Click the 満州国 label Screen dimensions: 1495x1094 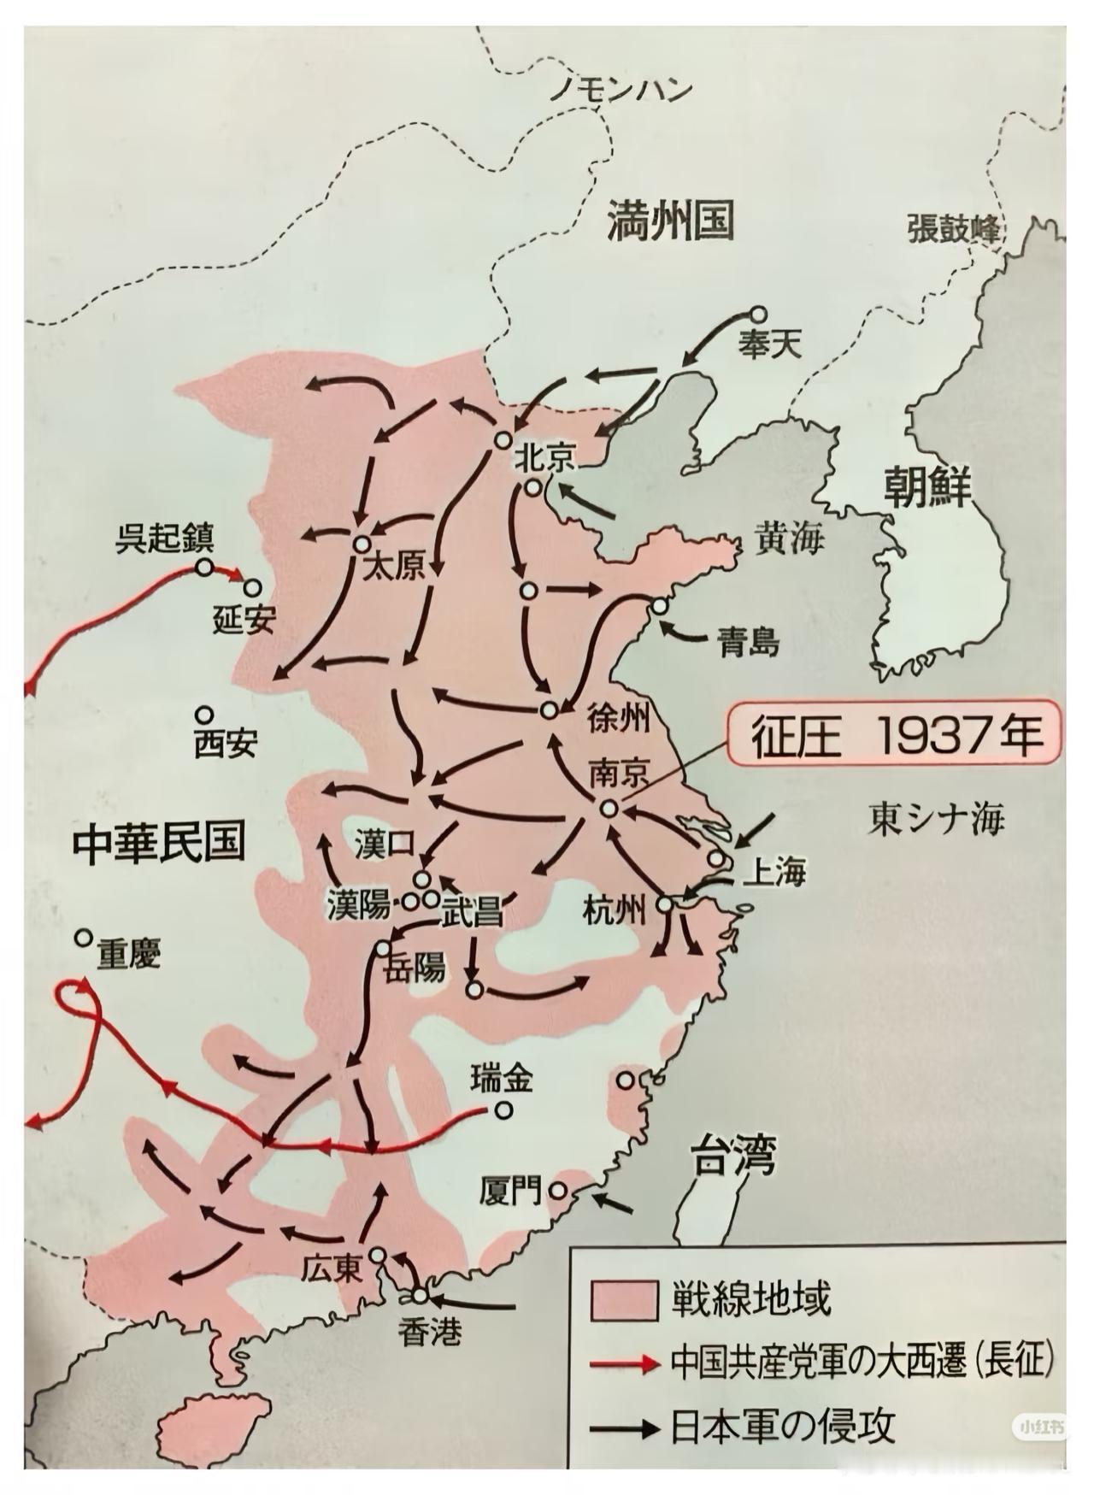coord(670,221)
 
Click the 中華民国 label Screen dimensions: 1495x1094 coord(159,841)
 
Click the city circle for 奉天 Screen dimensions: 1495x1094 coord(757,315)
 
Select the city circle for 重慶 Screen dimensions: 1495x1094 coord(83,938)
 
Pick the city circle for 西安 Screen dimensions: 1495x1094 coord(203,714)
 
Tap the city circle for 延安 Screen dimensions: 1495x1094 coord(252,587)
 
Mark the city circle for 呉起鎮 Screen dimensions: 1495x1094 coord(203,566)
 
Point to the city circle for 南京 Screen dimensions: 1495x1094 coord(609,808)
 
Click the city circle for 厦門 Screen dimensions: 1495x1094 coord(558,1189)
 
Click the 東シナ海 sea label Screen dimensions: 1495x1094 coord(936,819)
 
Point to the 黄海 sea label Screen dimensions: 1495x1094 coord(787,539)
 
